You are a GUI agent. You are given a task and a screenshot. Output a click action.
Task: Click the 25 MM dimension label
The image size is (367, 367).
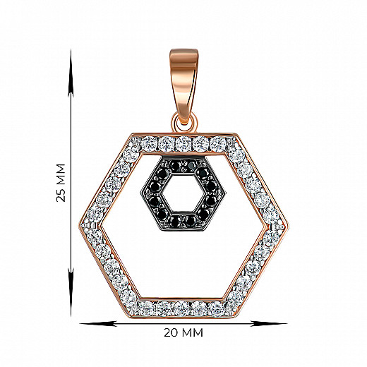[61, 183]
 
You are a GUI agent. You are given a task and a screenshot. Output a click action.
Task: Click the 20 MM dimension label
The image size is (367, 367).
[183, 332]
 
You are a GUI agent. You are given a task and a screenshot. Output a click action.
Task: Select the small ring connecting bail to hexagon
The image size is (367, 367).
[183, 122]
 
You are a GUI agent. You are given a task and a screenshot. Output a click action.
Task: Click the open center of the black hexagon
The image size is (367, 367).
[183, 194]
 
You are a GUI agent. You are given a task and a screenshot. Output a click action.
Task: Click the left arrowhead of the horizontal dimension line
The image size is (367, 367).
[98, 324]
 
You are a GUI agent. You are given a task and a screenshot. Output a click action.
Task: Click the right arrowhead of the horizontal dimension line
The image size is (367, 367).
[269, 324]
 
